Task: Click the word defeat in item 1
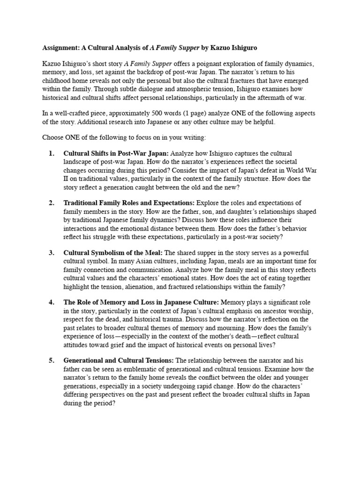point(255,170)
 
